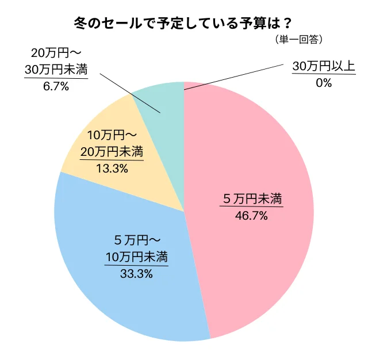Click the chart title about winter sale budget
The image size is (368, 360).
pos(183,24)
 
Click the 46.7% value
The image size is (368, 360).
pos(252,217)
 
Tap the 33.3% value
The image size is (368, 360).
pos(136,274)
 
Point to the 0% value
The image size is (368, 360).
pos(324,83)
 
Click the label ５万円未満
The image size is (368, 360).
pos(252,200)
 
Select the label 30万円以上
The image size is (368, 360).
pos(324,66)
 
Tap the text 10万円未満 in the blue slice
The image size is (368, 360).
pos(136,256)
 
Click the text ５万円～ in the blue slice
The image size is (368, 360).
pos(136,239)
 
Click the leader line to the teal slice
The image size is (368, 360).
pos(129,93)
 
